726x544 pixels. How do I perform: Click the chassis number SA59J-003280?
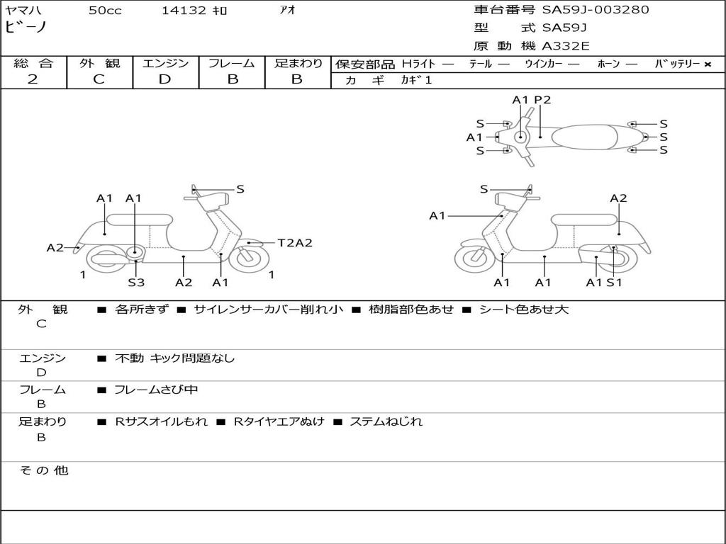pyautogui.click(x=596, y=10)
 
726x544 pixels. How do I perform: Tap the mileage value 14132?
pyautogui.click(x=184, y=10)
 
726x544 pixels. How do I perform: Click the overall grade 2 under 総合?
pyautogui.click(x=33, y=79)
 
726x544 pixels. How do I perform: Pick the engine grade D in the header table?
pyautogui.click(x=164, y=79)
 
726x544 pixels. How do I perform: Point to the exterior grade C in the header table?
pyautogui.click(x=99, y=79)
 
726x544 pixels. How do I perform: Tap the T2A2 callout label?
pyautogui.click(x=295, y=243)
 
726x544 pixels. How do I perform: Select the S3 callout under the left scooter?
pyautogui.click(x=136, y=282)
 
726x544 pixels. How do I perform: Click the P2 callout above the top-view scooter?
pyautogui.click(x=542, y=100)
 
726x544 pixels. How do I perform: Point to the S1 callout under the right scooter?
pyautogui.click(x=615, y=283)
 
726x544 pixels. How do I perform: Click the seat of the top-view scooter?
pyautogui.click(x=584, y=137)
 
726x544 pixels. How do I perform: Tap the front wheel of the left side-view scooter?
pyautogui.click(x=250, y=259)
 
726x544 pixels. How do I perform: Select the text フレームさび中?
pyautogui.click(x=156, y=390)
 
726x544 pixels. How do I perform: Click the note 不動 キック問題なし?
pyautogui.click(x=174, y=358)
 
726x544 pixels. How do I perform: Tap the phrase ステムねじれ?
pyautogui.click(x=386, y=421)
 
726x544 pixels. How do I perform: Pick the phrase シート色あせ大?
pyautogui.click(x=523, y=309)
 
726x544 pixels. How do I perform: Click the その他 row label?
pyautogui.click(x=44, y=470)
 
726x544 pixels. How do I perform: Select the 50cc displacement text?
pyautogui.click(x=105, y=10)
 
